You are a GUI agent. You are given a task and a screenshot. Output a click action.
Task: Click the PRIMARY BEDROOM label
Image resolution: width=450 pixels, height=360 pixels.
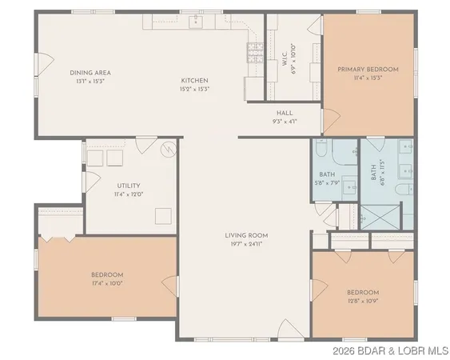[x=368, y=70]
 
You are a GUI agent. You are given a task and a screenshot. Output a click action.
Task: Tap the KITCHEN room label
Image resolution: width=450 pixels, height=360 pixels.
[x=194, y=81]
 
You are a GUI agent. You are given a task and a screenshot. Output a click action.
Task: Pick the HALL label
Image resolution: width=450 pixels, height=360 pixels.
[x=284, y=113]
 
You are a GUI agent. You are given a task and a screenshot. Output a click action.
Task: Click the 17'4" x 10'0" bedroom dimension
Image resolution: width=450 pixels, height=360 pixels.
[x=107, y=283]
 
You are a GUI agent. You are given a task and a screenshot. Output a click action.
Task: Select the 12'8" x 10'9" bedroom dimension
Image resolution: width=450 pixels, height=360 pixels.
[x=362, y=302]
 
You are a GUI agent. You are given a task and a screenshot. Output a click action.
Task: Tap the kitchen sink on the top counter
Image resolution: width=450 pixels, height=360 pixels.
[x=197, y=22]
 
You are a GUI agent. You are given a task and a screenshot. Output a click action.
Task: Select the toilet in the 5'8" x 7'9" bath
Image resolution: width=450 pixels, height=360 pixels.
[x=319, y=149]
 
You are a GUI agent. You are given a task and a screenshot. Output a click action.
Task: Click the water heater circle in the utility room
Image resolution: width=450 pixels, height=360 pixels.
[x=168, y=149]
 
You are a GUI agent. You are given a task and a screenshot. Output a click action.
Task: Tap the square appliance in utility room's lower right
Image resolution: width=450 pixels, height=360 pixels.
[x=163, y=216]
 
